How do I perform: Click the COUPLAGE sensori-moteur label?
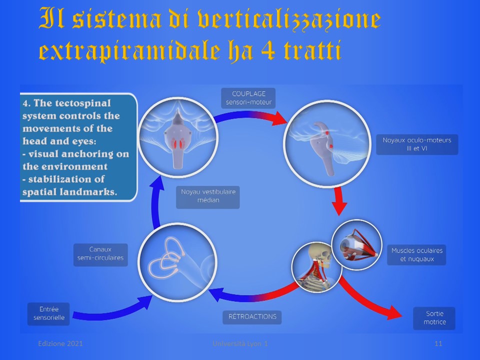(x=248, y=98)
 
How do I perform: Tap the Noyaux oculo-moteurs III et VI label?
(x=417, y=144)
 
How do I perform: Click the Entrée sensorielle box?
(x=48, y=314)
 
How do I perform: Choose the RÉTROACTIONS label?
(x=252, y=317)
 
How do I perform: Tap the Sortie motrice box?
(x=434, y=318)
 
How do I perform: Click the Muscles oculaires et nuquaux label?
(x=416, y=254)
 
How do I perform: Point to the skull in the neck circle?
(x=319, y=254)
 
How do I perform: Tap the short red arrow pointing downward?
(x=339, y=201)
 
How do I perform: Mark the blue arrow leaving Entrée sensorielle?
(x=113, y=310)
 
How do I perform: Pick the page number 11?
(x=438, y=343)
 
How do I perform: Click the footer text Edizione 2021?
(x=60, y=343)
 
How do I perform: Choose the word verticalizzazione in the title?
(x=289, y=19)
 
